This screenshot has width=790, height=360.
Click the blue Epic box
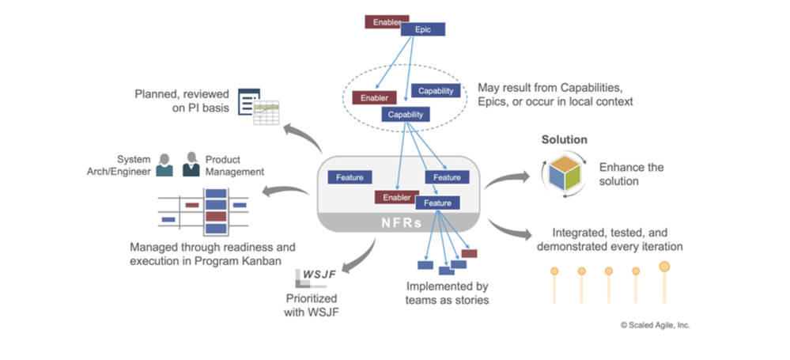[x=423, y=29]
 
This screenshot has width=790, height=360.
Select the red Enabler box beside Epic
[x=387, y=21]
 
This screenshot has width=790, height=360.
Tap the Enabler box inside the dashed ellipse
[x=374, y=97]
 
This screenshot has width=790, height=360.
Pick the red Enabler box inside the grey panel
[x=396, y=197]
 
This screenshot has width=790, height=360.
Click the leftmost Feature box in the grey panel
[x=349, y=177]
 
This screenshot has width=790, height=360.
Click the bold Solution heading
[x=564, y=140]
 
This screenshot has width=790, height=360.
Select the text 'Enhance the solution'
[x=631, y=174]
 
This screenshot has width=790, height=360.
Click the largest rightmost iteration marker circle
[x=664, y=266]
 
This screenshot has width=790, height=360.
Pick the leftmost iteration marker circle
[x=554, y=271]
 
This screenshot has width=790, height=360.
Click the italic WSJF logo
[x=316, y=275]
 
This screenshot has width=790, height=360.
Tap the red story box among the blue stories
[x=469, y=253]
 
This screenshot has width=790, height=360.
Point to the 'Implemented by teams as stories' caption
[x=447, y=293]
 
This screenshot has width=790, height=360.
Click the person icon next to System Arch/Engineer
[x=164, y=165]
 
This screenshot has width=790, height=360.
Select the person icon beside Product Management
[x=191, y=165]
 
